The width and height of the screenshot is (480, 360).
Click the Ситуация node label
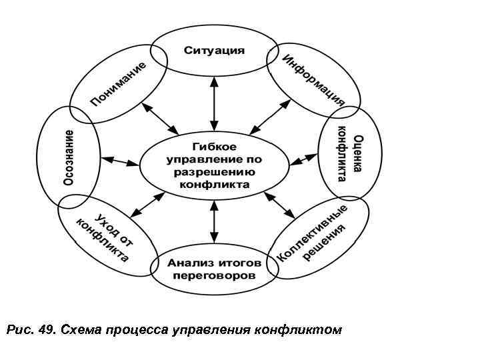coord(214,51)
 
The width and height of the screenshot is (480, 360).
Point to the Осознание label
coord(69,157)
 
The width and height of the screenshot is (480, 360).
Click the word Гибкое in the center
coord(213,147)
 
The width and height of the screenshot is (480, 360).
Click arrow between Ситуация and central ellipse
coord(213,103)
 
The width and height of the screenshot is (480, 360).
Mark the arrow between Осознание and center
coord(121,161)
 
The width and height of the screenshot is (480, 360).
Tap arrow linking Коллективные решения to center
coord(280,205)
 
